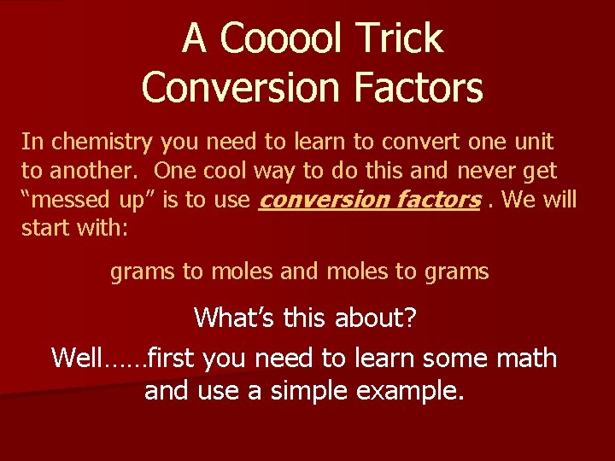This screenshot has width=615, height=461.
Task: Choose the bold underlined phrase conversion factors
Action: point(369,200)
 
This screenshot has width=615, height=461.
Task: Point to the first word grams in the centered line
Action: point(142,272)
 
